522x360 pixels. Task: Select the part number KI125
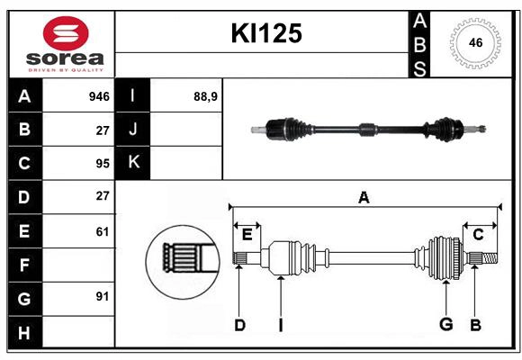pos(266,33)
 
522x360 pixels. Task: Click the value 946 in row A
pos(99,95)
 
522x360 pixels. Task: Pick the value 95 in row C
pos(102,164)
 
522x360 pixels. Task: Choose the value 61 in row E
pos(102,231)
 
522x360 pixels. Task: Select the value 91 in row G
pos(102,296)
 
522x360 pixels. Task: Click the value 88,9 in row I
pos(206,95)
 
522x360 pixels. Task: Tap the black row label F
pos(24,265)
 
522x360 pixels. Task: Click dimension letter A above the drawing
pos(364,198)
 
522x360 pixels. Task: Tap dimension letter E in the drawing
pos(247,235)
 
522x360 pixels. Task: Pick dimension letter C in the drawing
pos(478,235)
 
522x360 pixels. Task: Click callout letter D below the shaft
pos(239,325)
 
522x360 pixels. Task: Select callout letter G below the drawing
pos(445,325)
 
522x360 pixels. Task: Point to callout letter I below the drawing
pos(280,325)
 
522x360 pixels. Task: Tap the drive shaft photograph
pos(369,130)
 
